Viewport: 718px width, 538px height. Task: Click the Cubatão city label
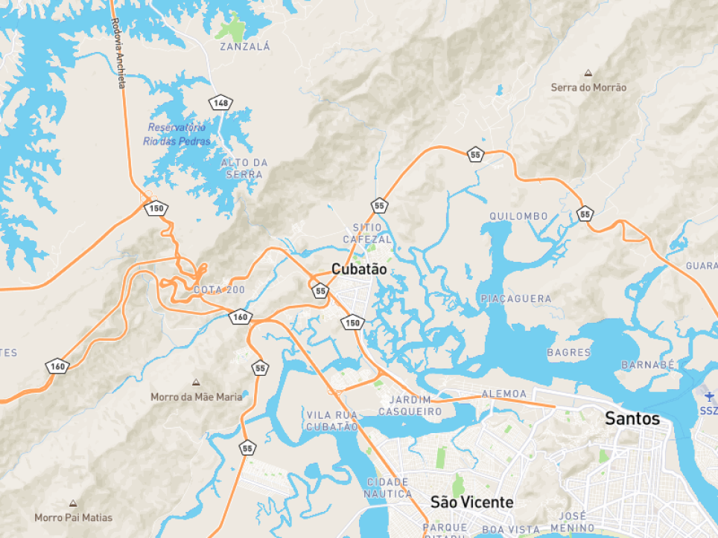pos(359,269)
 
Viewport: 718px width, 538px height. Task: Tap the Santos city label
pos(632,419)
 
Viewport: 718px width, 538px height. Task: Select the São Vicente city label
pos(471,502)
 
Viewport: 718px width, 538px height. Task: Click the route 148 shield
pos(220,103)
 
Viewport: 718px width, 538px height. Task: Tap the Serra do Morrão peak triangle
pos(588,74)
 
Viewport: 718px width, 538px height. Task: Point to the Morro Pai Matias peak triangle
pos(73,504)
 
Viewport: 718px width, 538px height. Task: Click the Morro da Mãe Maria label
pos(196,397)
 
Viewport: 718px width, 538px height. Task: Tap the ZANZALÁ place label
pos(244,46)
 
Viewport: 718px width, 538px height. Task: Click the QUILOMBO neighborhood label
pos(518,216)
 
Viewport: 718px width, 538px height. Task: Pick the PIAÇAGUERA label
pos(516,298)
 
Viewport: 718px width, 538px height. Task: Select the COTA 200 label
pos(218,289)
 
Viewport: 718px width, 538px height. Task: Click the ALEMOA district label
pos(504,393)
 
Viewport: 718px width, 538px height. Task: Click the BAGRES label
pos(568,352)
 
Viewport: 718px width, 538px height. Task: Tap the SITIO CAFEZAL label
pos(367,233)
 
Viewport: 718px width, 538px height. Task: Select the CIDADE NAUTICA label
pos(387,488)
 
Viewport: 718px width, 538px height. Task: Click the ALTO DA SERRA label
pos(244,168)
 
